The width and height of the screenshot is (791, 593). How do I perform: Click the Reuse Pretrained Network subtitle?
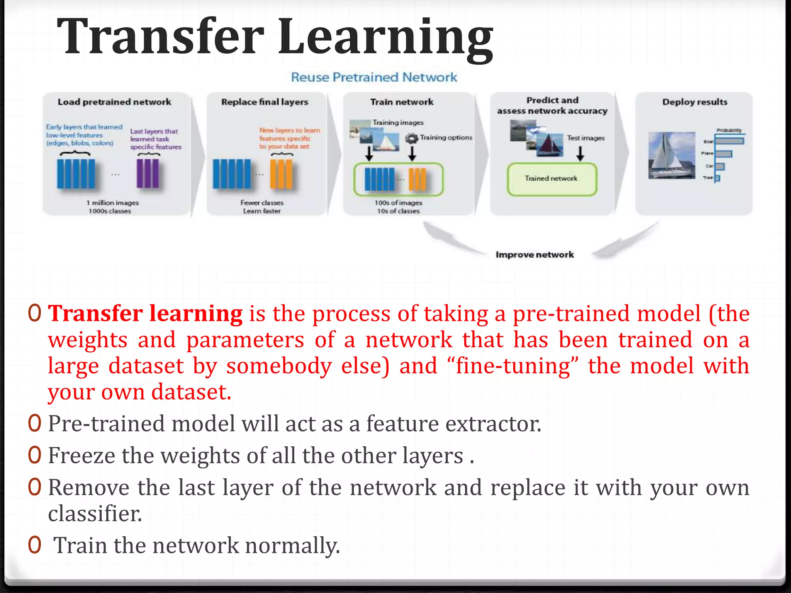pos(374,77)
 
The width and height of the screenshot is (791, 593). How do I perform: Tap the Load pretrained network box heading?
pos(114,102)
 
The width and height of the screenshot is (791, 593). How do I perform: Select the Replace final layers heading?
pos(265,102)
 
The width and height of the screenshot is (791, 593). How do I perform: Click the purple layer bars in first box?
pos(148,174)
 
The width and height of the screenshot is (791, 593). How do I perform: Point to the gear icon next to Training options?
pos(412,138)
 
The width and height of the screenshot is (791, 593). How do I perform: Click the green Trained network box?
pos(552,179)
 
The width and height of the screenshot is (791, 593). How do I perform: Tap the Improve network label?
pos(535,255)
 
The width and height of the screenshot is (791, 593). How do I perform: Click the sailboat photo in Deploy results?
pos(672,156)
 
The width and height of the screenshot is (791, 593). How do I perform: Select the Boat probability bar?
pos(730,141)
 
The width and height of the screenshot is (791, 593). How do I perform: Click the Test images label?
pos(586,138)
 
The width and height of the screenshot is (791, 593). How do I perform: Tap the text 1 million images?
pos(112,203)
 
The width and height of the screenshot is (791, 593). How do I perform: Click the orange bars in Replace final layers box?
pos(281,174)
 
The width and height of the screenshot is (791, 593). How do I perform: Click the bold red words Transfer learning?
pos(145,313)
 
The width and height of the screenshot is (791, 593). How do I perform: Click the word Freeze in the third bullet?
pos(81,456)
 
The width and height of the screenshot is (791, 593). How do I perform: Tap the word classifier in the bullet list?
pos(95,514)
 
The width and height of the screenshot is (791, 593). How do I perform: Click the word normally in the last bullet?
pos(292,546)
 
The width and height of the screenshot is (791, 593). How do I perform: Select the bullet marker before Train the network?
pos(34,545)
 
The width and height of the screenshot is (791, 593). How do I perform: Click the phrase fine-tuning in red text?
pos(513,366)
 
